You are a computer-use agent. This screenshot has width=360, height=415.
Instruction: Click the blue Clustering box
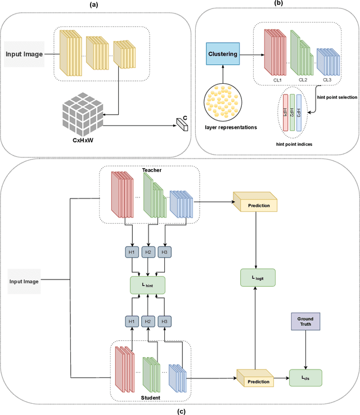coord(223,54)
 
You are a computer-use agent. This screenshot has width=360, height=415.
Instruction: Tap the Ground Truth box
coord(305,321)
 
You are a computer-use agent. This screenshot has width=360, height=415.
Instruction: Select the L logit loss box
coord(258,278)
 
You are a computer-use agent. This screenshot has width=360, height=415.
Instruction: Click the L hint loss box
coord(148,285)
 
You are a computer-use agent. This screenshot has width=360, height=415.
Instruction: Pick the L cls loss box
coord(305,378)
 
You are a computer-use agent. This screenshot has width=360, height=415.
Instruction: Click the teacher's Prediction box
coord(255,202)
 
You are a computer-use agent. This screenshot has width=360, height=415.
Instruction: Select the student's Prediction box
coord(255,378)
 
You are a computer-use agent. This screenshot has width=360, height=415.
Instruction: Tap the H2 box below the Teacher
coord(148,252)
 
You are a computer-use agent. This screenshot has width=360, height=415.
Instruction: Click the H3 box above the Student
coord(165,321)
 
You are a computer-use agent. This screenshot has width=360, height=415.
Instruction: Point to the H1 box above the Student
coord(132,321)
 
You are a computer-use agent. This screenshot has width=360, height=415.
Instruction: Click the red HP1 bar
coord(286,113)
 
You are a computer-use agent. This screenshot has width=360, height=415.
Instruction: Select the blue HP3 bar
coord(299,113)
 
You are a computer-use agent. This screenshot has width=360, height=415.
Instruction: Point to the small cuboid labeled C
coord(182,124)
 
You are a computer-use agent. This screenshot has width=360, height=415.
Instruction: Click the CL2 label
coord(303,80)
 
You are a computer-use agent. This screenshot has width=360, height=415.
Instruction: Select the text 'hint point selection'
coord(337,97)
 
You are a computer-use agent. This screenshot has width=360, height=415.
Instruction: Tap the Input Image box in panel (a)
coord(24,54)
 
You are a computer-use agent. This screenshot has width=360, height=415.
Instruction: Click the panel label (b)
coord(278,3)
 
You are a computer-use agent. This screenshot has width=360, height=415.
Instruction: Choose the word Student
coord(150,398)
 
